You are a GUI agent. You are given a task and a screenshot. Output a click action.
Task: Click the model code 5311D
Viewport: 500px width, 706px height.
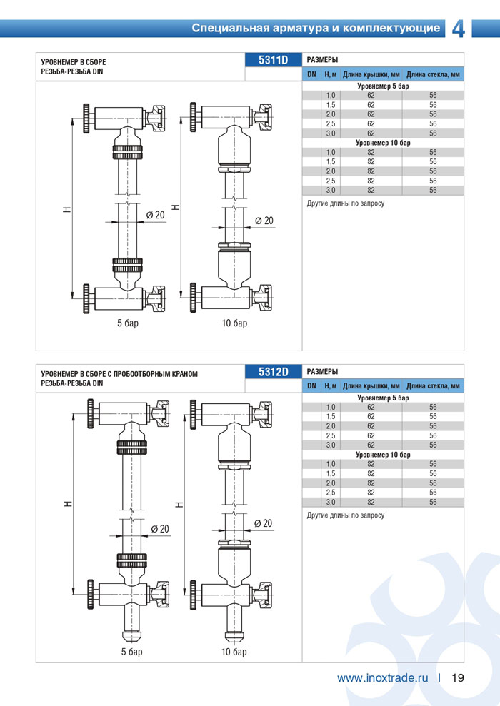pos(273,60)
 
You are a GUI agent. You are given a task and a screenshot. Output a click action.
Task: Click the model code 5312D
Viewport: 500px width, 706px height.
pos(273,372)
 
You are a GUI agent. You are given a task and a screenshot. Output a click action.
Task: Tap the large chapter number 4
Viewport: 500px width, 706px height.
pos(459,29)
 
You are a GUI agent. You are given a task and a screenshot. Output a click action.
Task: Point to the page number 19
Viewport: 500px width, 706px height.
pos(458,677)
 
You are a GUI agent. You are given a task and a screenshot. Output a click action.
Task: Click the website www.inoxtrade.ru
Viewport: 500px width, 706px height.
pos(382,677)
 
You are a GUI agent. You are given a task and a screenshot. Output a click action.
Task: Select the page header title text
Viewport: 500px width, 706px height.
pos(315,29)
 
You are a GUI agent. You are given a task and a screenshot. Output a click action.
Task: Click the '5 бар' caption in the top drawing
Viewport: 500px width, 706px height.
pos(128,323)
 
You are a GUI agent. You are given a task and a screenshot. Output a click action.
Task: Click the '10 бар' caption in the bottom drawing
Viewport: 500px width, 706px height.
pos(234,652)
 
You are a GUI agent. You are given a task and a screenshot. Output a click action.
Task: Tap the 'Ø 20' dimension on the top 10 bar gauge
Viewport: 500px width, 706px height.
pos(264,221)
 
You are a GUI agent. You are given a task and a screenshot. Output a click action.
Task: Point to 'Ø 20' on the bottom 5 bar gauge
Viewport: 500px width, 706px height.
pos(160,529)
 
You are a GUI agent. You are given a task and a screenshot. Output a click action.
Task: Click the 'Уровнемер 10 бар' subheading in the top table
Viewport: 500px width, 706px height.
pos(383,143)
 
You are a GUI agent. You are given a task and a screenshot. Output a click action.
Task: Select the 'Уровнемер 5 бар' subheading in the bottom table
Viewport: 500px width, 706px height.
pos(383,398)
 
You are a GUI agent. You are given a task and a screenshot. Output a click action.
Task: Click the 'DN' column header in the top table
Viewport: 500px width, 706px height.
pos(311,74)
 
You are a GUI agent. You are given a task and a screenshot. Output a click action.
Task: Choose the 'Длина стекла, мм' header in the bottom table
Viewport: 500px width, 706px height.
pos(433,386)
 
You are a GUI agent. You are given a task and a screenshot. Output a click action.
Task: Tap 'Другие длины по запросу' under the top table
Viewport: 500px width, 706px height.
pos(345,203)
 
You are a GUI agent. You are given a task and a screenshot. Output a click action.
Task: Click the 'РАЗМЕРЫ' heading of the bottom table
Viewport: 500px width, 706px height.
pos(322,372)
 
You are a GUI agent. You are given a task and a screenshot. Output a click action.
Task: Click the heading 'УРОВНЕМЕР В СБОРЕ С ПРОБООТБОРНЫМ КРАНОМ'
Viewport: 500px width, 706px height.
pos(119,373)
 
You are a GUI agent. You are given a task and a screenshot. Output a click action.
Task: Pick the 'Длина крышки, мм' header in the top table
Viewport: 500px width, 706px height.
pos(371,74)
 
